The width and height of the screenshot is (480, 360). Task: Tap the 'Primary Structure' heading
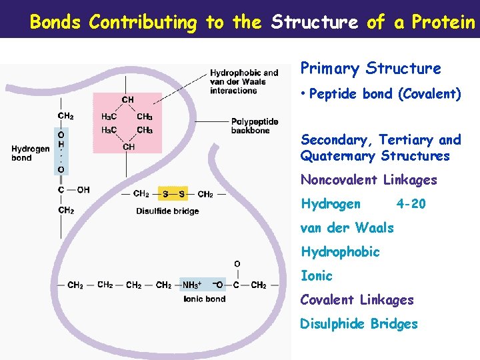tap(371, 69)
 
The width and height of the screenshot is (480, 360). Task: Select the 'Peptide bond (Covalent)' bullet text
tap(385, 94)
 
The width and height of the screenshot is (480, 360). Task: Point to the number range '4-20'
tap(410, 204)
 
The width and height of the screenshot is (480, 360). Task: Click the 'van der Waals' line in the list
tap(347, 228)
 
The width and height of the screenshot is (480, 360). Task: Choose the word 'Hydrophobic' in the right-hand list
tap(340, 252)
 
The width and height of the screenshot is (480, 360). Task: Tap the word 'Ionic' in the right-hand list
tap(316, 276)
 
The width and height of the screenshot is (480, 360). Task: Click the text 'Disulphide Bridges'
tap(359, 324)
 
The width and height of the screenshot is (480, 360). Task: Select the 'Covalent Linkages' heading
tap(357, 300)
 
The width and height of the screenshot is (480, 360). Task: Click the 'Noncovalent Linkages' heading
tap(369, 180)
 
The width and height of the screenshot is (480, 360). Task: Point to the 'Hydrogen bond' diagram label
tap(30, 153)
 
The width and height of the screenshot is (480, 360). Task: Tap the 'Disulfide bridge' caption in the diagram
tap(167, 211)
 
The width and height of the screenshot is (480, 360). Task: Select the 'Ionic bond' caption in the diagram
tap(204, 299)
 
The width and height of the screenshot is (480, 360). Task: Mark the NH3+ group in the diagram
tap(192, 285)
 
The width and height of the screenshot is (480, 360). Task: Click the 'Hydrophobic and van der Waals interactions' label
tap(244, 81)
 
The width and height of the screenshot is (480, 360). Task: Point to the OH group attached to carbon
tap(83, 190)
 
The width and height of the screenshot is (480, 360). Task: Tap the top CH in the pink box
tap(127, 100)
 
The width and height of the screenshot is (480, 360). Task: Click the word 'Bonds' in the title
tap(55, 22)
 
